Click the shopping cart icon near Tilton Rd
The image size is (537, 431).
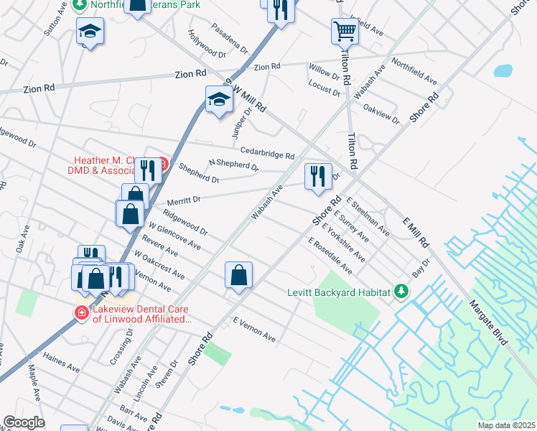pyautogui.click(x=345, y=32)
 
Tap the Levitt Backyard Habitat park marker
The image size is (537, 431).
pyautogui.click(x=401, y=292)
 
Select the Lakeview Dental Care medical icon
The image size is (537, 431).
pyautogui.click(x=82, y=312)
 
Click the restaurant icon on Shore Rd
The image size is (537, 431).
pyautogui.click(x=318, y=176)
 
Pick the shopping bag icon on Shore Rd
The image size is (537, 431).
pyautogui.click(x=238, y=275)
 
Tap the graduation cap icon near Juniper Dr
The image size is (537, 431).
pyautogui.click(x=218, y=100)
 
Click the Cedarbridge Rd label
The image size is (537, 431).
pyautogui.click(x=267, y=154)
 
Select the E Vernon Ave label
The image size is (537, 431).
pyautogui.click(x=254, y=330)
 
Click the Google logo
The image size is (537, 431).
pyautogui.click(x=24, y=422)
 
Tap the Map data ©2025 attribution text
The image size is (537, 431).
pyautogui.click(x=505, y=425)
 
